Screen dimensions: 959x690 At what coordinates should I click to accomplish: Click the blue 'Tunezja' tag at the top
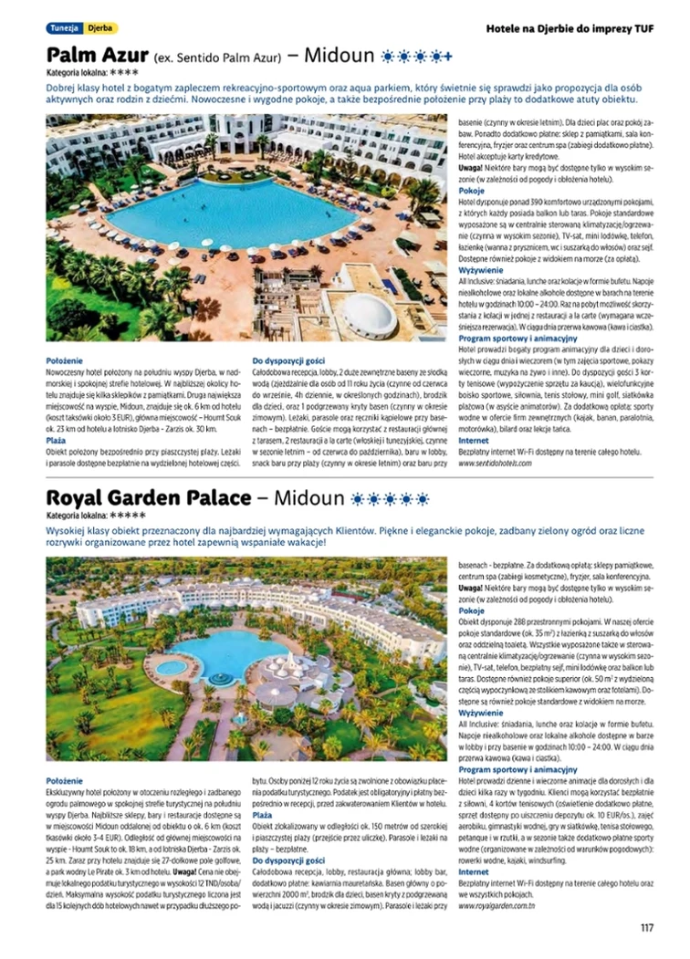pyautogui.click(x=64, y=28)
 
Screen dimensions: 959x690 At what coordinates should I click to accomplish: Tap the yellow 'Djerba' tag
pyautogui.click(x=100, y=28)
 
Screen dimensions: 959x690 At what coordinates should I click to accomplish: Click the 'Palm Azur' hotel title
pyautogui.click(x=97, y=55)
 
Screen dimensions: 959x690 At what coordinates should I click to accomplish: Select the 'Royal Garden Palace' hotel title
pyautogui.click(x=148, y=498)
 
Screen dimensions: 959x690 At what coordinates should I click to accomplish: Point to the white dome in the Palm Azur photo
pyautogui.click(x=368, y=314)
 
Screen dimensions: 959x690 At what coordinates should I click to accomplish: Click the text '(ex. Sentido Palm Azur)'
pyautogui.click(x=216, y=57)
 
